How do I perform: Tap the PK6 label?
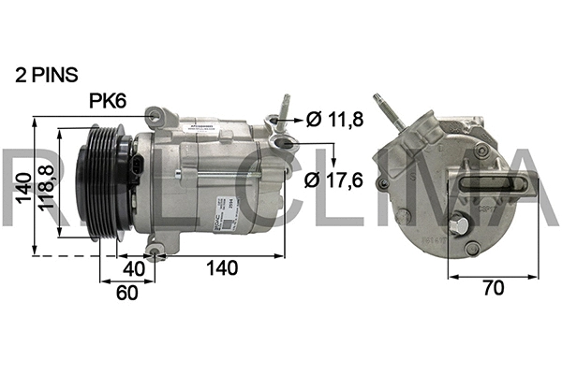click(x=110, y=100)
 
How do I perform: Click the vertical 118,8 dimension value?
click(x=44, y=191)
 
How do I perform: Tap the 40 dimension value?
click(x=134, y=268)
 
